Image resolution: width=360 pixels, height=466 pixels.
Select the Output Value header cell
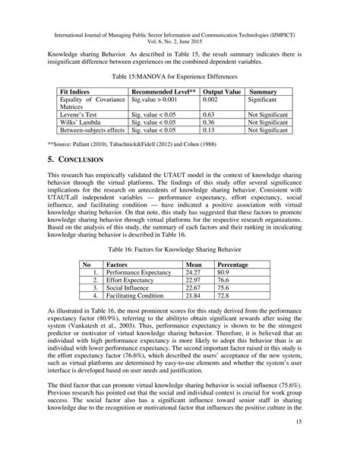223,90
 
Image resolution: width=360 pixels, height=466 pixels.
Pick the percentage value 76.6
203,280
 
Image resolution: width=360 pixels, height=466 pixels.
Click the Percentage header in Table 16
213,262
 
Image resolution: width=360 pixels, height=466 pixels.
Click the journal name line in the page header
180,14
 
